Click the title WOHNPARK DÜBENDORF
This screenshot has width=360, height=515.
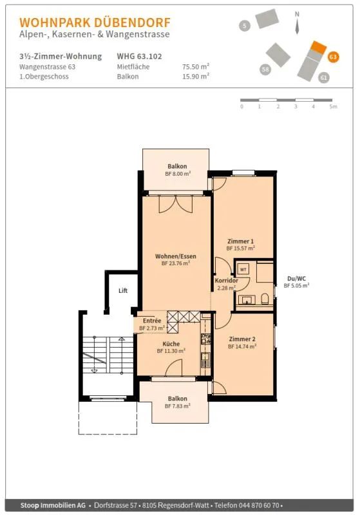pos(95,23)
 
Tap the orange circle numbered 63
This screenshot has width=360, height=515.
pos(333,57)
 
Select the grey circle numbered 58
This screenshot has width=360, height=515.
pos(265,70)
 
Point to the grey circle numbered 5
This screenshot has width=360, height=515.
pos(244,26)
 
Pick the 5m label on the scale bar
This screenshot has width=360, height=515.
pos(333,106)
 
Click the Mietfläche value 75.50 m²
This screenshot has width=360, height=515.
pos(196,67)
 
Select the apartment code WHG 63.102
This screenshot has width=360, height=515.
pos(139,56)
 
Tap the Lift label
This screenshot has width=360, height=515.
pos(123,290)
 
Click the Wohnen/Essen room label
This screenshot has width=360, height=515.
pos(176,256)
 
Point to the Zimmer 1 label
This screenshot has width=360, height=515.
pos(240,241)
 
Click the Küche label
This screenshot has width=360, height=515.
pos(171,344)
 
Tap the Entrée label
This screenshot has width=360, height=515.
pos(152,321)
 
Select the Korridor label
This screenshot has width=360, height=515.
pos(226,281)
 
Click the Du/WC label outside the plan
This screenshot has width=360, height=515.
pos(297,279)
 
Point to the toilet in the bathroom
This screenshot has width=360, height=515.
pos(265,299)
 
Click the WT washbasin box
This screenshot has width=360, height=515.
pos(243,269)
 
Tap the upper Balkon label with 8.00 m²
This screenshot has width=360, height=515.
pos(177,166)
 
